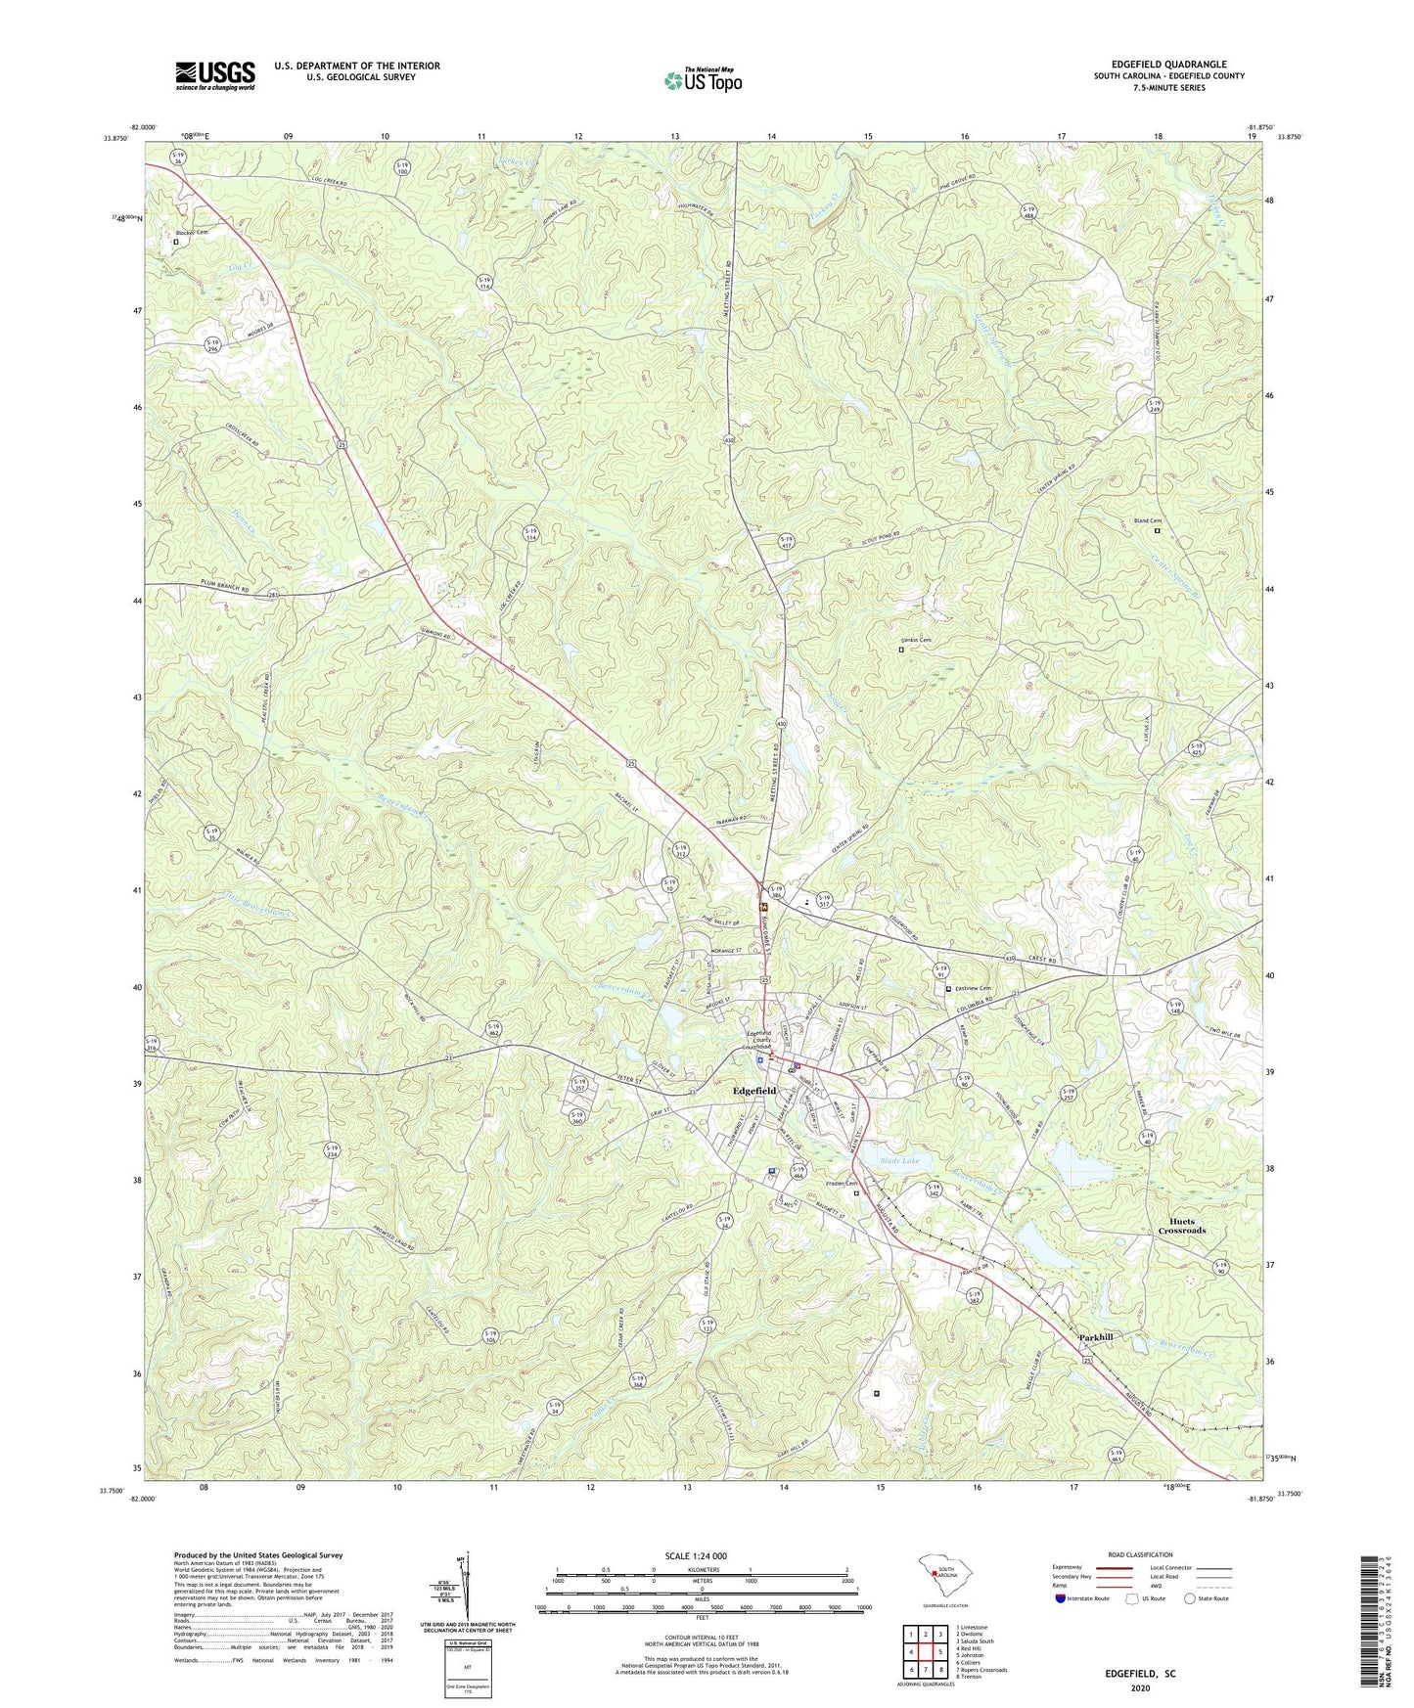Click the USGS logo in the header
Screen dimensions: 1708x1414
point(215,75)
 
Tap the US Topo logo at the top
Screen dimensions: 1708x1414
point(703,80)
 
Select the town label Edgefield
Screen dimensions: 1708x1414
point(754,1090)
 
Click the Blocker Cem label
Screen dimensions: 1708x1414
point(192,232)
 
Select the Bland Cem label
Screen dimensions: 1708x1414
point(1147,520)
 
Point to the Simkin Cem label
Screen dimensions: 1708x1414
point(916,640)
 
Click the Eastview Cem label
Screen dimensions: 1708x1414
point(972,988)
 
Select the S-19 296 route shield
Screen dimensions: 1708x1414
point(213,345)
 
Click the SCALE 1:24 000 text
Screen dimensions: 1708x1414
point(701,1555)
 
